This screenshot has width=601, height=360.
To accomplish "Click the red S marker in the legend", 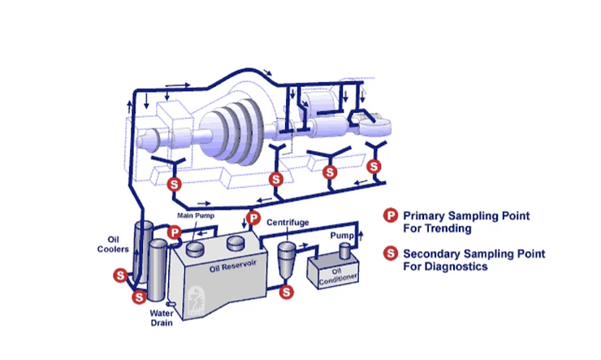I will (391, 254).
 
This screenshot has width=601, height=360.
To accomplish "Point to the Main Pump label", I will (195, 215).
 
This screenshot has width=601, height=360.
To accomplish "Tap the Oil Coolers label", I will (119, 245).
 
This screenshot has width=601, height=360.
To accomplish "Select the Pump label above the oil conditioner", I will (339, 234).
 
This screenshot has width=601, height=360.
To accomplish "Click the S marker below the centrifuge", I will (286, 290).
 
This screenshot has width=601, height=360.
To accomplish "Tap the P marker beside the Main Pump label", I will (175, 233).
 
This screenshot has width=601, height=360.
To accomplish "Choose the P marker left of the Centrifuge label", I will (253, 218).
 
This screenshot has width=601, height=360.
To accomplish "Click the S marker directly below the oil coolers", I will (139, 297).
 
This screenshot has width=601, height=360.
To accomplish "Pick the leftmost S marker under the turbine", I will (174, 184).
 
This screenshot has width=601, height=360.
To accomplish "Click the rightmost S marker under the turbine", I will (374, 166).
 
